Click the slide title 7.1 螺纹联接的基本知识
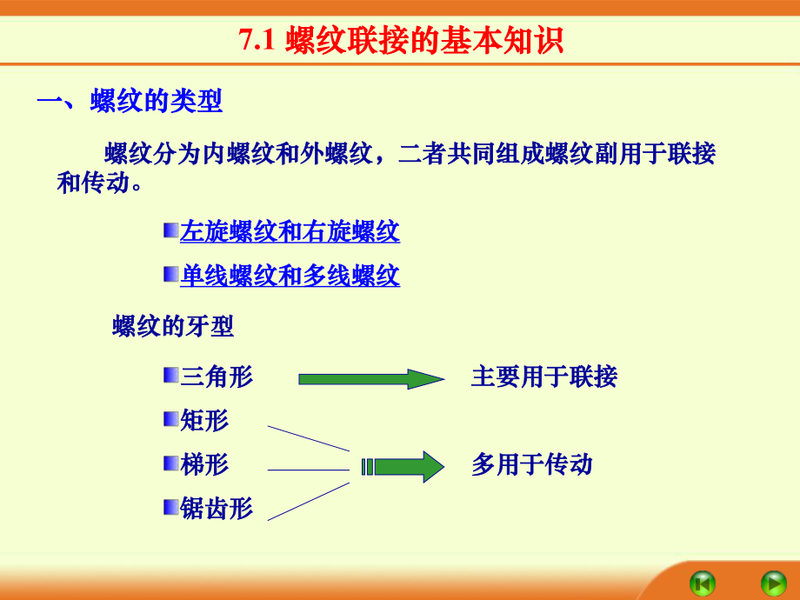(x=401, y=41)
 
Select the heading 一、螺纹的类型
(x=130, y=102)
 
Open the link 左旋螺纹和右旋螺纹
(x=290, y=232)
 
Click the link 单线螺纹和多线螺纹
(x=290, y=277)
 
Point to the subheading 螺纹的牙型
(x=173, y=328)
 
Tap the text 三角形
(x=217, y=377)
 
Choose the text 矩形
(x=204, y=421)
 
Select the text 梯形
(x=204, y=464)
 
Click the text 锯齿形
(x=217, y=509)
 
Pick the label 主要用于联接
(x=543, y=377)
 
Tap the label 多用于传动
(x=531, y=464)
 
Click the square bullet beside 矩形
(x=170, y=420)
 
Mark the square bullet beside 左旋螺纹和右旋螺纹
(x=170, y=230)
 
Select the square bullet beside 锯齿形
(x=170, y=507)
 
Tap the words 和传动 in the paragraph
(x=94, y=183)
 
